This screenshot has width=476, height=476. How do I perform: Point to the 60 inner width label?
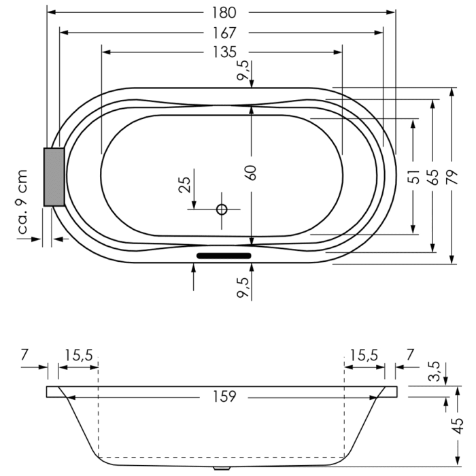[x=252, y=171]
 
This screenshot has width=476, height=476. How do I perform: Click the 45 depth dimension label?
[x=459, y=425]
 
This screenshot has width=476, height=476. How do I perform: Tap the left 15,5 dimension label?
[x=79, y=354]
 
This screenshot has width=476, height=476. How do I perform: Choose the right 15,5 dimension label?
[x=364, y=354]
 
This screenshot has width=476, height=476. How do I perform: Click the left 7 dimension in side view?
[x=24, y=354]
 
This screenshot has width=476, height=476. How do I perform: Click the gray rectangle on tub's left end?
[x=53, y=177]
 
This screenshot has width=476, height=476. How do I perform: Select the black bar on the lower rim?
[x=224, y=256]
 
